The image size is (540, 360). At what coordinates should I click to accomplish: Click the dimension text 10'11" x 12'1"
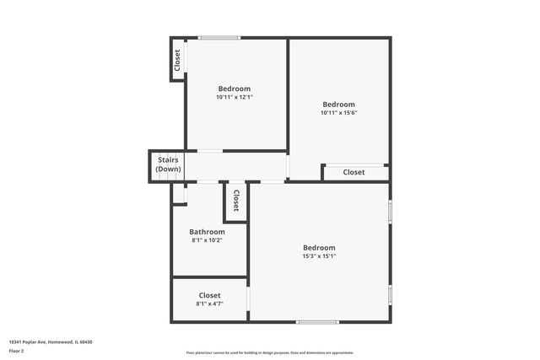pos(234,97)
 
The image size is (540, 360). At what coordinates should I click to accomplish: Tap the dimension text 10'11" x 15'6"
pos(338,113)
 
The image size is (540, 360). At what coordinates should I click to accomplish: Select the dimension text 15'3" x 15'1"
pos(319,256)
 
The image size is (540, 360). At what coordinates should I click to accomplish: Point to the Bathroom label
pos(207,232)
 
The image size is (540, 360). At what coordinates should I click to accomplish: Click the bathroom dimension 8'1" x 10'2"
pos(207,240)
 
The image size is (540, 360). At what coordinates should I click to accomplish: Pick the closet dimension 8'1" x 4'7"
pos(209,304)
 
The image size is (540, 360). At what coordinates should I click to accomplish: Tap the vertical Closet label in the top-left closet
pos(177,60)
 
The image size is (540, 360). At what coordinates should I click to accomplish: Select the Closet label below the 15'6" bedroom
pos(354,172)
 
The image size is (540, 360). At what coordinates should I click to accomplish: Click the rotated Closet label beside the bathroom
pos(236,201)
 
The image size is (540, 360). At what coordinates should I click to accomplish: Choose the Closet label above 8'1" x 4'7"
pos(209,295)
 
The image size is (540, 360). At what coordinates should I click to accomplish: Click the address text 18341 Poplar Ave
pos(30,341)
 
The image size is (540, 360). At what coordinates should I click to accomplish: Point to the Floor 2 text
pos(17,350)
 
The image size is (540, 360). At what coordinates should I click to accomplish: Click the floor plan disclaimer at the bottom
pos(269,352)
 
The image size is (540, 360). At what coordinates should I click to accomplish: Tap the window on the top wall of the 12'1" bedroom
pos(219,37)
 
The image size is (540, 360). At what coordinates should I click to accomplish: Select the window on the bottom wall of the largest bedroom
pos(317,321)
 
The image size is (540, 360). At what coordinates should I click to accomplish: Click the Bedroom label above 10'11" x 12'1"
pos(234,89)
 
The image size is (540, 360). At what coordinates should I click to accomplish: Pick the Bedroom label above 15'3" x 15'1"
pos(319,248)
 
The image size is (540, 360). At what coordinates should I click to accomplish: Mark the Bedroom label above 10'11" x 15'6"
pos(338,105)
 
